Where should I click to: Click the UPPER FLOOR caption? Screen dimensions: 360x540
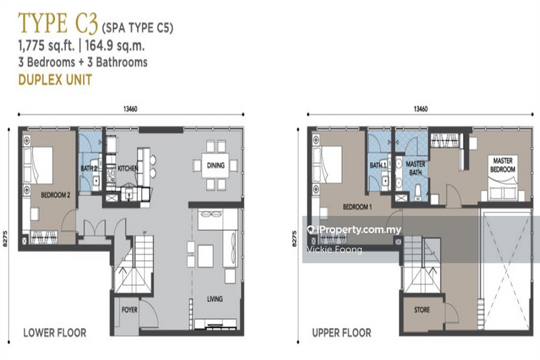(x=341, y=332)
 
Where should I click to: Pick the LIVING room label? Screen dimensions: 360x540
(x=215, y=299)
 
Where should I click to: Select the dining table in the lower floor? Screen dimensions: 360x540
(x=215, y=165)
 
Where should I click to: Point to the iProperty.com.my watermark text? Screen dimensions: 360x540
(x=358, y=230)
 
